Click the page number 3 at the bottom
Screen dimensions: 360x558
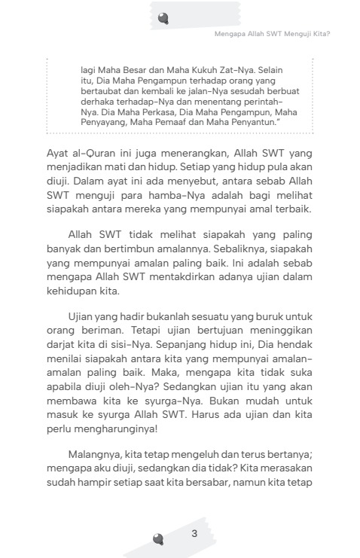coord(194,534)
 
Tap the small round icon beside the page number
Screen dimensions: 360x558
coord(158,538)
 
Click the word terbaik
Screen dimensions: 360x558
coord(291,209)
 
